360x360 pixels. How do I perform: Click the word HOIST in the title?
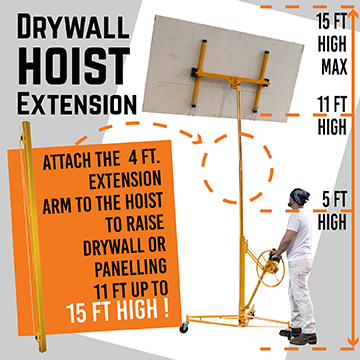73,66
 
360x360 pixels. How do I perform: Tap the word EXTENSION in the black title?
77,104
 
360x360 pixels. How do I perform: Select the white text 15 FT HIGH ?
118,311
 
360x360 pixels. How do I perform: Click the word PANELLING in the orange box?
131,268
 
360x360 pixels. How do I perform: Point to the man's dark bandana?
300,196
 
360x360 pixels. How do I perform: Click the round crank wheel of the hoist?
270,268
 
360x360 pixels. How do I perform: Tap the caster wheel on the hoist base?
184,327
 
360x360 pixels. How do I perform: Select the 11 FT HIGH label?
332,115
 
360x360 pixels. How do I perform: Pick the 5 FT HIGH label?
332,211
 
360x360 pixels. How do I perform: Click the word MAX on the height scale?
334,67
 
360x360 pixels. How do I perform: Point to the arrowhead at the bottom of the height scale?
353,341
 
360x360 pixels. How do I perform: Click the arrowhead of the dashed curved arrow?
198,139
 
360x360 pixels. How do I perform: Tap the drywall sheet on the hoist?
223,68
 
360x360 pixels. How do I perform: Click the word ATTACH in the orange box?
63,162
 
